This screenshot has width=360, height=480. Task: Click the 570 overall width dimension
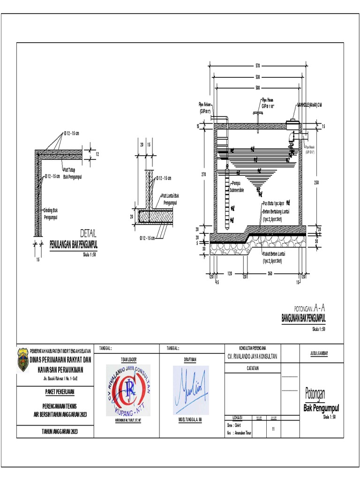(257, 65)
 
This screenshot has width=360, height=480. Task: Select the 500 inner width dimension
(257, 87)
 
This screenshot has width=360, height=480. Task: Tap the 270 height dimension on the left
(204, 174)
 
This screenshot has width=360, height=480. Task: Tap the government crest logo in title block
(23, 360)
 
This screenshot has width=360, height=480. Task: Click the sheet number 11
(273, 428)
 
